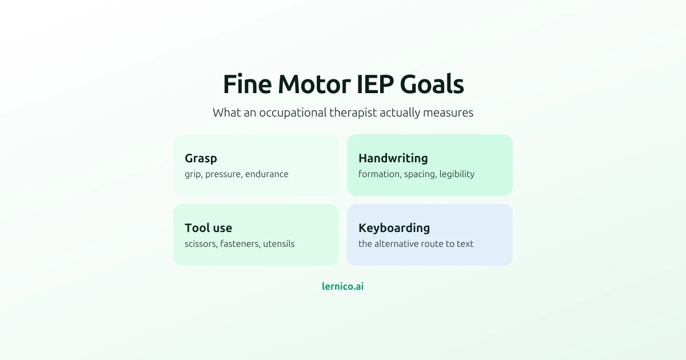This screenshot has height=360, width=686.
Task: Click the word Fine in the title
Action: pyautogui.click(x=248, y=84)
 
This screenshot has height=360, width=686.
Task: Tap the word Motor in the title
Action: pyautogui.click(x=314, y=84)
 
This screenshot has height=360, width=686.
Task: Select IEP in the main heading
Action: pyautogui.click(x=375, y=84)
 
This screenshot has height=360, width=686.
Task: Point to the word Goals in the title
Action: pyautogui.click(x=432, y=84)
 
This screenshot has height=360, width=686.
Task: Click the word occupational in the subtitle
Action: pyautogui.click(x=293, y=113)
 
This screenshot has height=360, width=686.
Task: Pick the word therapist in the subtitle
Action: pyautogui.click(x=353, y=113)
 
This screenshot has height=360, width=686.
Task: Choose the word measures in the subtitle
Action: pyautogui.click(x=448, y=113)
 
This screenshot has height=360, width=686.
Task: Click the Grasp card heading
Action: pyautogui.click(x=201, y=159)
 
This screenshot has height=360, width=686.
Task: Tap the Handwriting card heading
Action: pyautogui.click(x=393, y=158)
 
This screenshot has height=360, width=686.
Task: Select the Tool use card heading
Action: pyautogui.click(x=208, y=228)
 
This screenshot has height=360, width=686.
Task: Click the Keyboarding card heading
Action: pyautogui.click(x=394, y=228)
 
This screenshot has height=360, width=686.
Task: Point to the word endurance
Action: pyautogui.click(x=267, y=174)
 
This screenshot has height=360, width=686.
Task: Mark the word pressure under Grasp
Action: pyautogui.click(x=224, y=174)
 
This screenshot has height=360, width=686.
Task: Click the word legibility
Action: pyautogui.click(x=457, y=174)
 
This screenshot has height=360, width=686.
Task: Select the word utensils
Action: pyautogui.click(x=279, y=244)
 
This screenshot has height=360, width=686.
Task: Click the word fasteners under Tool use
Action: pyautogui.click(x=240, y=244)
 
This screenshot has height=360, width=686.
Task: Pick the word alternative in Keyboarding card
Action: pyautogui.click(x=397, y=244)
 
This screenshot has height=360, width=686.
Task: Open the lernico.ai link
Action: pyautogui.click(x=342, y=286)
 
